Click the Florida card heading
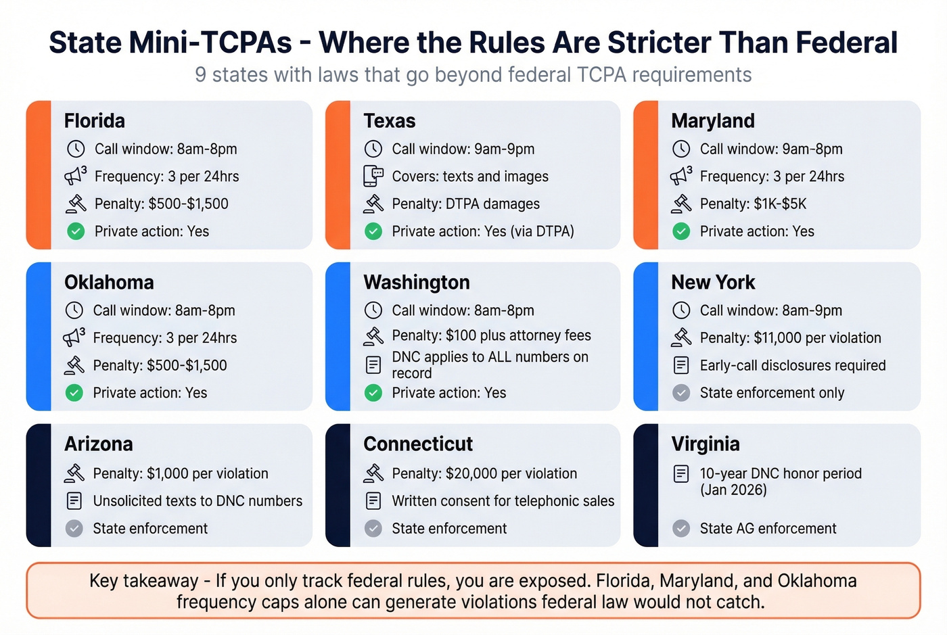pyautogui.click(x=94, y=121)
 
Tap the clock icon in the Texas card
pyautogui.click(x=373, y=149)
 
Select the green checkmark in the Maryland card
pyautogui.click(x=681, y=231)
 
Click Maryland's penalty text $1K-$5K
pyautogui.click(x=753, y=204)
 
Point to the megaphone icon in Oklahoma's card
pyautogui.click(x=74, y=337)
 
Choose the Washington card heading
pyautogui.click(x=416, y=283)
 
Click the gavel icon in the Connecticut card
pyautogui.click(x=373, y=473)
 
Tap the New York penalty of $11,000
pyautogui.click(x=790, y=337)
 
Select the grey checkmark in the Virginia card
pyautogui.click(x=681, y=528)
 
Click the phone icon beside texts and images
pyautogui.click(x=373, y=176)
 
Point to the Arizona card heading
pyautogui.click(x=99, y=444)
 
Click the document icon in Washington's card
pyautogui.click(x=373, y=365)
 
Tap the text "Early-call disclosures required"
pyautogui.click(x=792, y=365)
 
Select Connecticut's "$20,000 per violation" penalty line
pyautogui.click(x=484, y=473)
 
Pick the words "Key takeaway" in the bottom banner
pyautogui.click(x=143, y=581)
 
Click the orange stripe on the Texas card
pyautogui.click(x=338, y=174)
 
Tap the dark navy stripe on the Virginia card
pyautogui.click(x=645, y=485)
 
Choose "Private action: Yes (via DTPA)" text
pyautogui.click(x=482, y=231)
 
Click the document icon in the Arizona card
pyautogui.click(x=74, y=501)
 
